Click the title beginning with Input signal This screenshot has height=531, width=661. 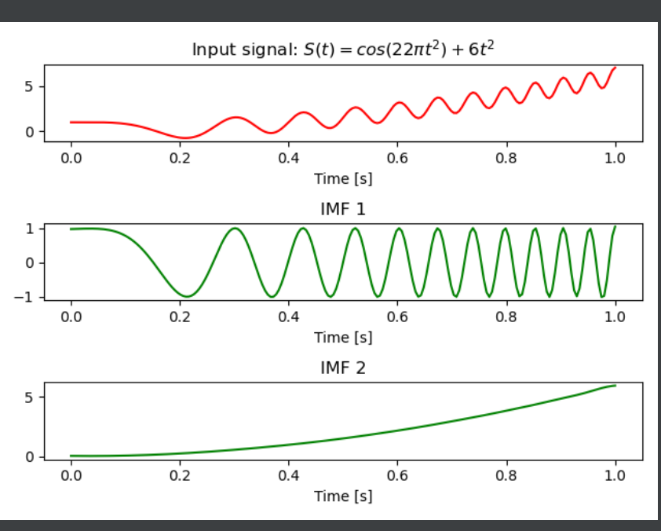coord(343,49)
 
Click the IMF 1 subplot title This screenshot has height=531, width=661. coord(343,209)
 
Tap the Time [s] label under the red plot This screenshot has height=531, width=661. coord(343,178)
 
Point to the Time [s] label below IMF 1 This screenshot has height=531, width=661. coord(343,337)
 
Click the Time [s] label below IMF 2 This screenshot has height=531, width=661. coord(343,496)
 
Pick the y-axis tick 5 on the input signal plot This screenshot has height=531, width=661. coord(29,86)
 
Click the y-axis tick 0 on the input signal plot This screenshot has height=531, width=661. coord(29,131)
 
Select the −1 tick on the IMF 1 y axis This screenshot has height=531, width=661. coord(24,297)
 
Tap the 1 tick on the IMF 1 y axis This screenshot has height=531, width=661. coord(29,229)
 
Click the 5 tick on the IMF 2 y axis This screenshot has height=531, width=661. coord(29,397)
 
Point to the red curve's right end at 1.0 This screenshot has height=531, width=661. coord(615,68)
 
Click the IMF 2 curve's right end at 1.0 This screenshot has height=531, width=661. coord(615,386)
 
